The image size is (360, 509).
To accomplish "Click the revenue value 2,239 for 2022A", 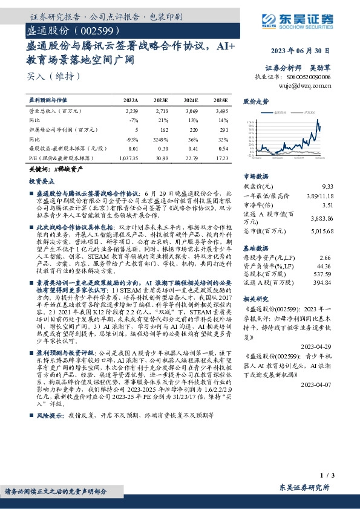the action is (x=132, y=112).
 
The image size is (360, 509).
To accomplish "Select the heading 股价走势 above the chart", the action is (x=255, y=102).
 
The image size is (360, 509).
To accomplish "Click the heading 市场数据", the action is (x=255, y=177).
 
